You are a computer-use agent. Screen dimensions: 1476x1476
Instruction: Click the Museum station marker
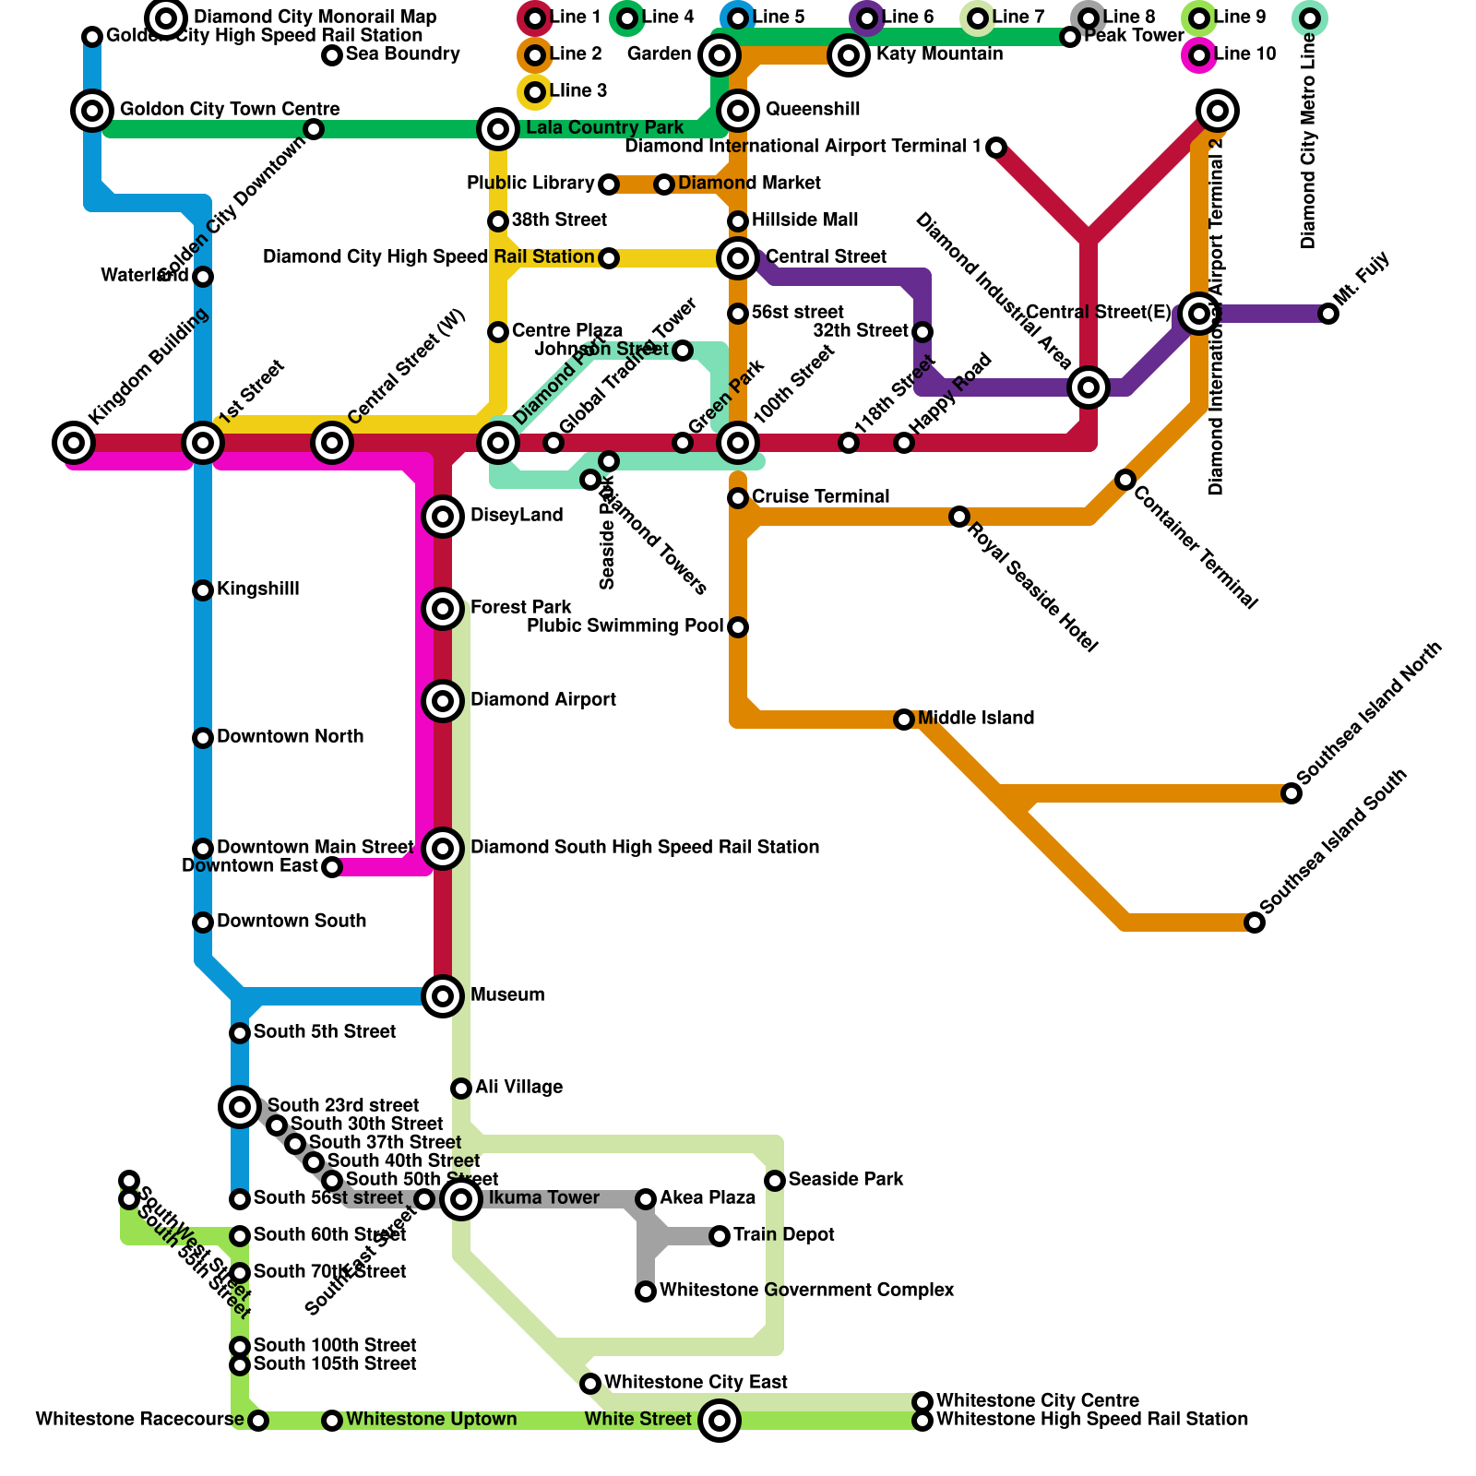(x=443, y=996)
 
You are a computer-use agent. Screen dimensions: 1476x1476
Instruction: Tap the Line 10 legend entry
(x=1198, y=55)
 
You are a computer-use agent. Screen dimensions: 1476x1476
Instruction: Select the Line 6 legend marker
(x=866, y=18)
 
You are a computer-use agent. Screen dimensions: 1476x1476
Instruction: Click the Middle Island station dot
(x=904, y=720)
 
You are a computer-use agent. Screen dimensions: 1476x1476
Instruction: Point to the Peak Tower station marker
(x=1070, y=37)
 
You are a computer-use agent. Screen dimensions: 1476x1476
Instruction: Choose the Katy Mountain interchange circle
(x=849, y=55)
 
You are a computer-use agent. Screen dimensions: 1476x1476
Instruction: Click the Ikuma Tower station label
(x=543, y=1198)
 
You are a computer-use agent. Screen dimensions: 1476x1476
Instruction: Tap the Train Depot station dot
(x=720, y=1236)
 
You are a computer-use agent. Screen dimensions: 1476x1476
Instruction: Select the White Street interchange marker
(x=720, y=1421)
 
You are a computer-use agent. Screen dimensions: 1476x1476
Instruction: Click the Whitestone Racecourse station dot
(x=259, y=1421)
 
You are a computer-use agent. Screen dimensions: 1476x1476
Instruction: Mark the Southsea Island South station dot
(x=1255, y=922)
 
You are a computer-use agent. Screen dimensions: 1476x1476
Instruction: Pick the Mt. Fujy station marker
(x=1328, y=314)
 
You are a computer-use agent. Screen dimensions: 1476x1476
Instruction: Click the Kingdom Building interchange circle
(x=74, y=443)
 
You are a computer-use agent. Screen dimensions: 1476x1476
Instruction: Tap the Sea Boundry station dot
(x=332, y=55)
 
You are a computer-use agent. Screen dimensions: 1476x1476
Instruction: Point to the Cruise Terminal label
(x=820, y=497)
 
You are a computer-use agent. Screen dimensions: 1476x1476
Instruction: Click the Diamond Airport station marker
(x=443, y=701)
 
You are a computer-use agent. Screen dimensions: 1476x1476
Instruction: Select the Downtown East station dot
(x=332, y=867)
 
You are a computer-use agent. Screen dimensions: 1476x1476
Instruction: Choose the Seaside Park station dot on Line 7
(x=775, y=1181)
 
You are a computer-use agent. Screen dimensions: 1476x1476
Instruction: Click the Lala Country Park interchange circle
(x=498, y=129)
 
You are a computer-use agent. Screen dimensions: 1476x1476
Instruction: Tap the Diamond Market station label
(x=749, y=184)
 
